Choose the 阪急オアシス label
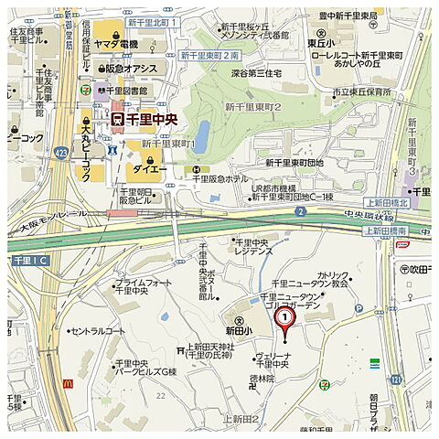tap(125, 68)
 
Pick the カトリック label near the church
tap(332, 275)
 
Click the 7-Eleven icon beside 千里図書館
tap(100, 90)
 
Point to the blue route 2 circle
tap(300, 211)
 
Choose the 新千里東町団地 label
tap(294, 162)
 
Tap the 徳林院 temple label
tap(262, 378)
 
